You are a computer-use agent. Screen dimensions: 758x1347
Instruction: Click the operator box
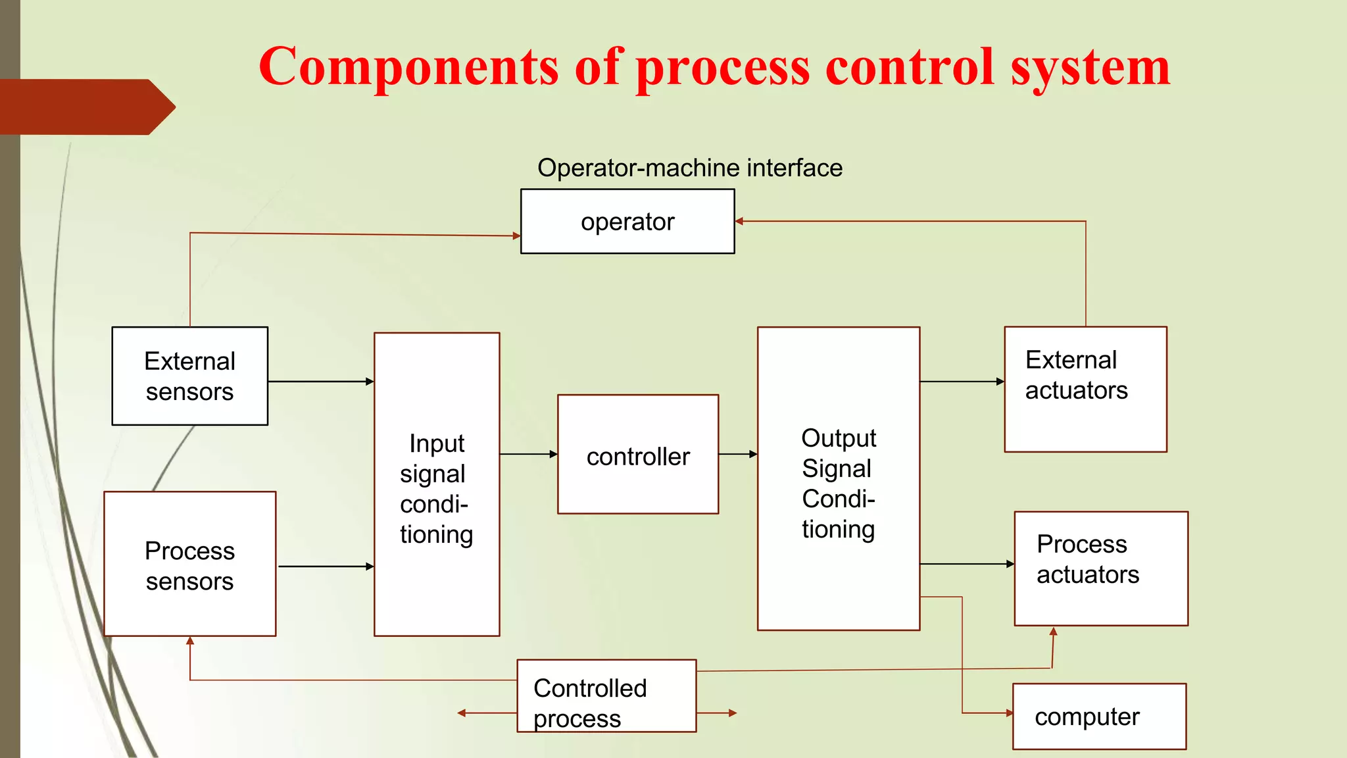click(x=627, y=221)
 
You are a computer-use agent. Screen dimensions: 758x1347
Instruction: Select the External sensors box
click(x=189, y=376)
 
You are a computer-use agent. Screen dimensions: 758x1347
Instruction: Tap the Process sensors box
click(x=189, y=564)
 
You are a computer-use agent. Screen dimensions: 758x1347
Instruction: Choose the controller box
click(x=637, y=454)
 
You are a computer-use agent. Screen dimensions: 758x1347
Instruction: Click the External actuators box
click(x=1085, y=389)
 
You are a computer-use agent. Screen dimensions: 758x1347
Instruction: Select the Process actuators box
click(x=1100, y=568)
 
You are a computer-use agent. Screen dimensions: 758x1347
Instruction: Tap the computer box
click(x=1099, y=716)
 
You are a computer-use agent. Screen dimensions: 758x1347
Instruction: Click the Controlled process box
click(x=606, y=696)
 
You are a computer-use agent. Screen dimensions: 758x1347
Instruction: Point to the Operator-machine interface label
click(x=689, y=168)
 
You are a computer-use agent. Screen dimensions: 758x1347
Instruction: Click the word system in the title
click(x=1090, y=68)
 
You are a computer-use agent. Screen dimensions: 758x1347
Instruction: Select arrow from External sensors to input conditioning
click(x=321, y=382)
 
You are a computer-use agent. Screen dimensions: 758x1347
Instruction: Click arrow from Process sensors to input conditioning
click(x=326, y=567)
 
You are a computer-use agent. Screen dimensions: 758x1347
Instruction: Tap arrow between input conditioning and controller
click(x=528, y=454)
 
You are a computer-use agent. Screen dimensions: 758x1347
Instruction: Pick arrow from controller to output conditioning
click(x=738, y=454)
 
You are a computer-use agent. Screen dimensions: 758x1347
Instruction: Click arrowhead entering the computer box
click(x=1009, y=713)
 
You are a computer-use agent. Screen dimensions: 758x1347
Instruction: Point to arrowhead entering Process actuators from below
click(x=1054, y=632)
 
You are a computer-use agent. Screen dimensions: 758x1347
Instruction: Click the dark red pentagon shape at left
click(x=86, y=107)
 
